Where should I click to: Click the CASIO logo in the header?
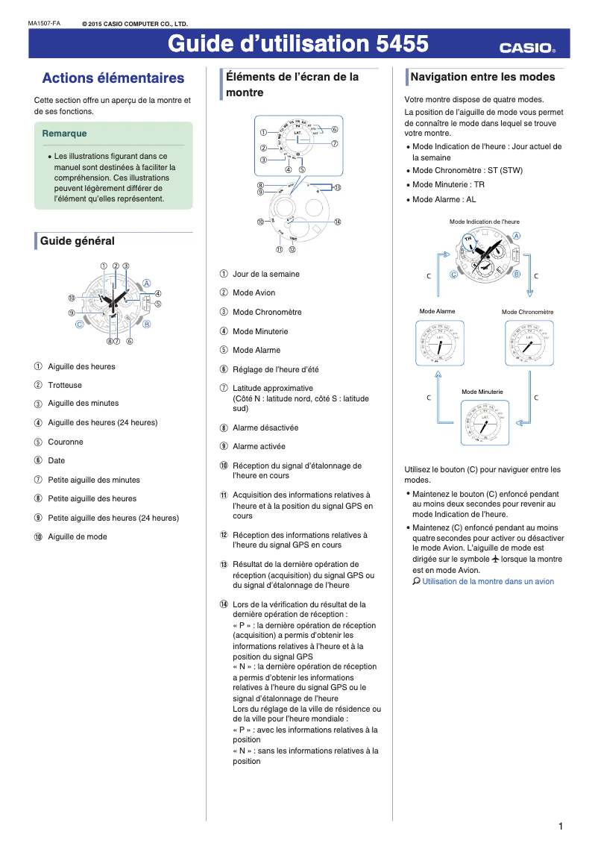[x=527, y=48]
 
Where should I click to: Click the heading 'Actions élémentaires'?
[x=113, y=78]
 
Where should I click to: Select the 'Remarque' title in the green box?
[x=65, y=134]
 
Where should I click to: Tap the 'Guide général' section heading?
[x=77, y=241]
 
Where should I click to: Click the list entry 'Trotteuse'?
[x=65, y=385]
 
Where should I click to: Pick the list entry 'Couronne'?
[x=66, y=442]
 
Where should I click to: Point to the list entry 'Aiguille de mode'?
[x=78, y=536]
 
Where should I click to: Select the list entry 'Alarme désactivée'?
[x=265, y=427]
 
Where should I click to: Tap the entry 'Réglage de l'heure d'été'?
[x=275, y=369]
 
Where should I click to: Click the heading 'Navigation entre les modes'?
[x=482, y=77]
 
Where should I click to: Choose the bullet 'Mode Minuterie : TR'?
[x=448, y=184]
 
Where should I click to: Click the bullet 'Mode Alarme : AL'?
[x=444, y=199]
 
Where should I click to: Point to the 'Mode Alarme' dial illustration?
[x=438, y=342]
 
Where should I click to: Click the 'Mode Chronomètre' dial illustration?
[x=528, y=342]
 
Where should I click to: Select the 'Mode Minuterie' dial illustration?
[x=482, y=422]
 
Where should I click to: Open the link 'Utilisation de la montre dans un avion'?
[x=488, y=581]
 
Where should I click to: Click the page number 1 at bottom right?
[x=560, y=826]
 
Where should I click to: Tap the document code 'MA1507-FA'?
[x=44, y=23]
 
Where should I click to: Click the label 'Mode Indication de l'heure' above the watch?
[x=484, y=222]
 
